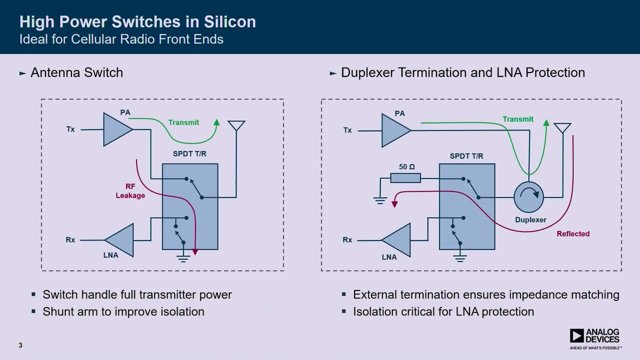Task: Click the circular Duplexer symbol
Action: [x=528, y=197]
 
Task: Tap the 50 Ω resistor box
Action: [x=405, y=178]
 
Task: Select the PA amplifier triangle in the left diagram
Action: [x=116, y=129]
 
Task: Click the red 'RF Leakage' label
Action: [x=130, y=190]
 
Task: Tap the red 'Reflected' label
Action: [x=573, y=233]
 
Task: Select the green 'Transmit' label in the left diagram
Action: [x=183, y=122]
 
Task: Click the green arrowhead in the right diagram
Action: [x=546, y=123]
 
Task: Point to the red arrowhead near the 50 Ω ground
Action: [x=394, y=203]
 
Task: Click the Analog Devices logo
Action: [x=595, y=337]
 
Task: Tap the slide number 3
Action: [x=20, y=345]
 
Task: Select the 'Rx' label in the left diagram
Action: [x=70, y=240]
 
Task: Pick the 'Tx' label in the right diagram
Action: [x=347, y=130]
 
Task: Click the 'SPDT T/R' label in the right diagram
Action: [x=466, y=156]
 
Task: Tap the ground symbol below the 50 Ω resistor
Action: [x=380, y=201]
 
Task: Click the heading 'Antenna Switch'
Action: [x=76, y=72]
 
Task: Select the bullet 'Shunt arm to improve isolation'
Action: [x=123, y=311]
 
